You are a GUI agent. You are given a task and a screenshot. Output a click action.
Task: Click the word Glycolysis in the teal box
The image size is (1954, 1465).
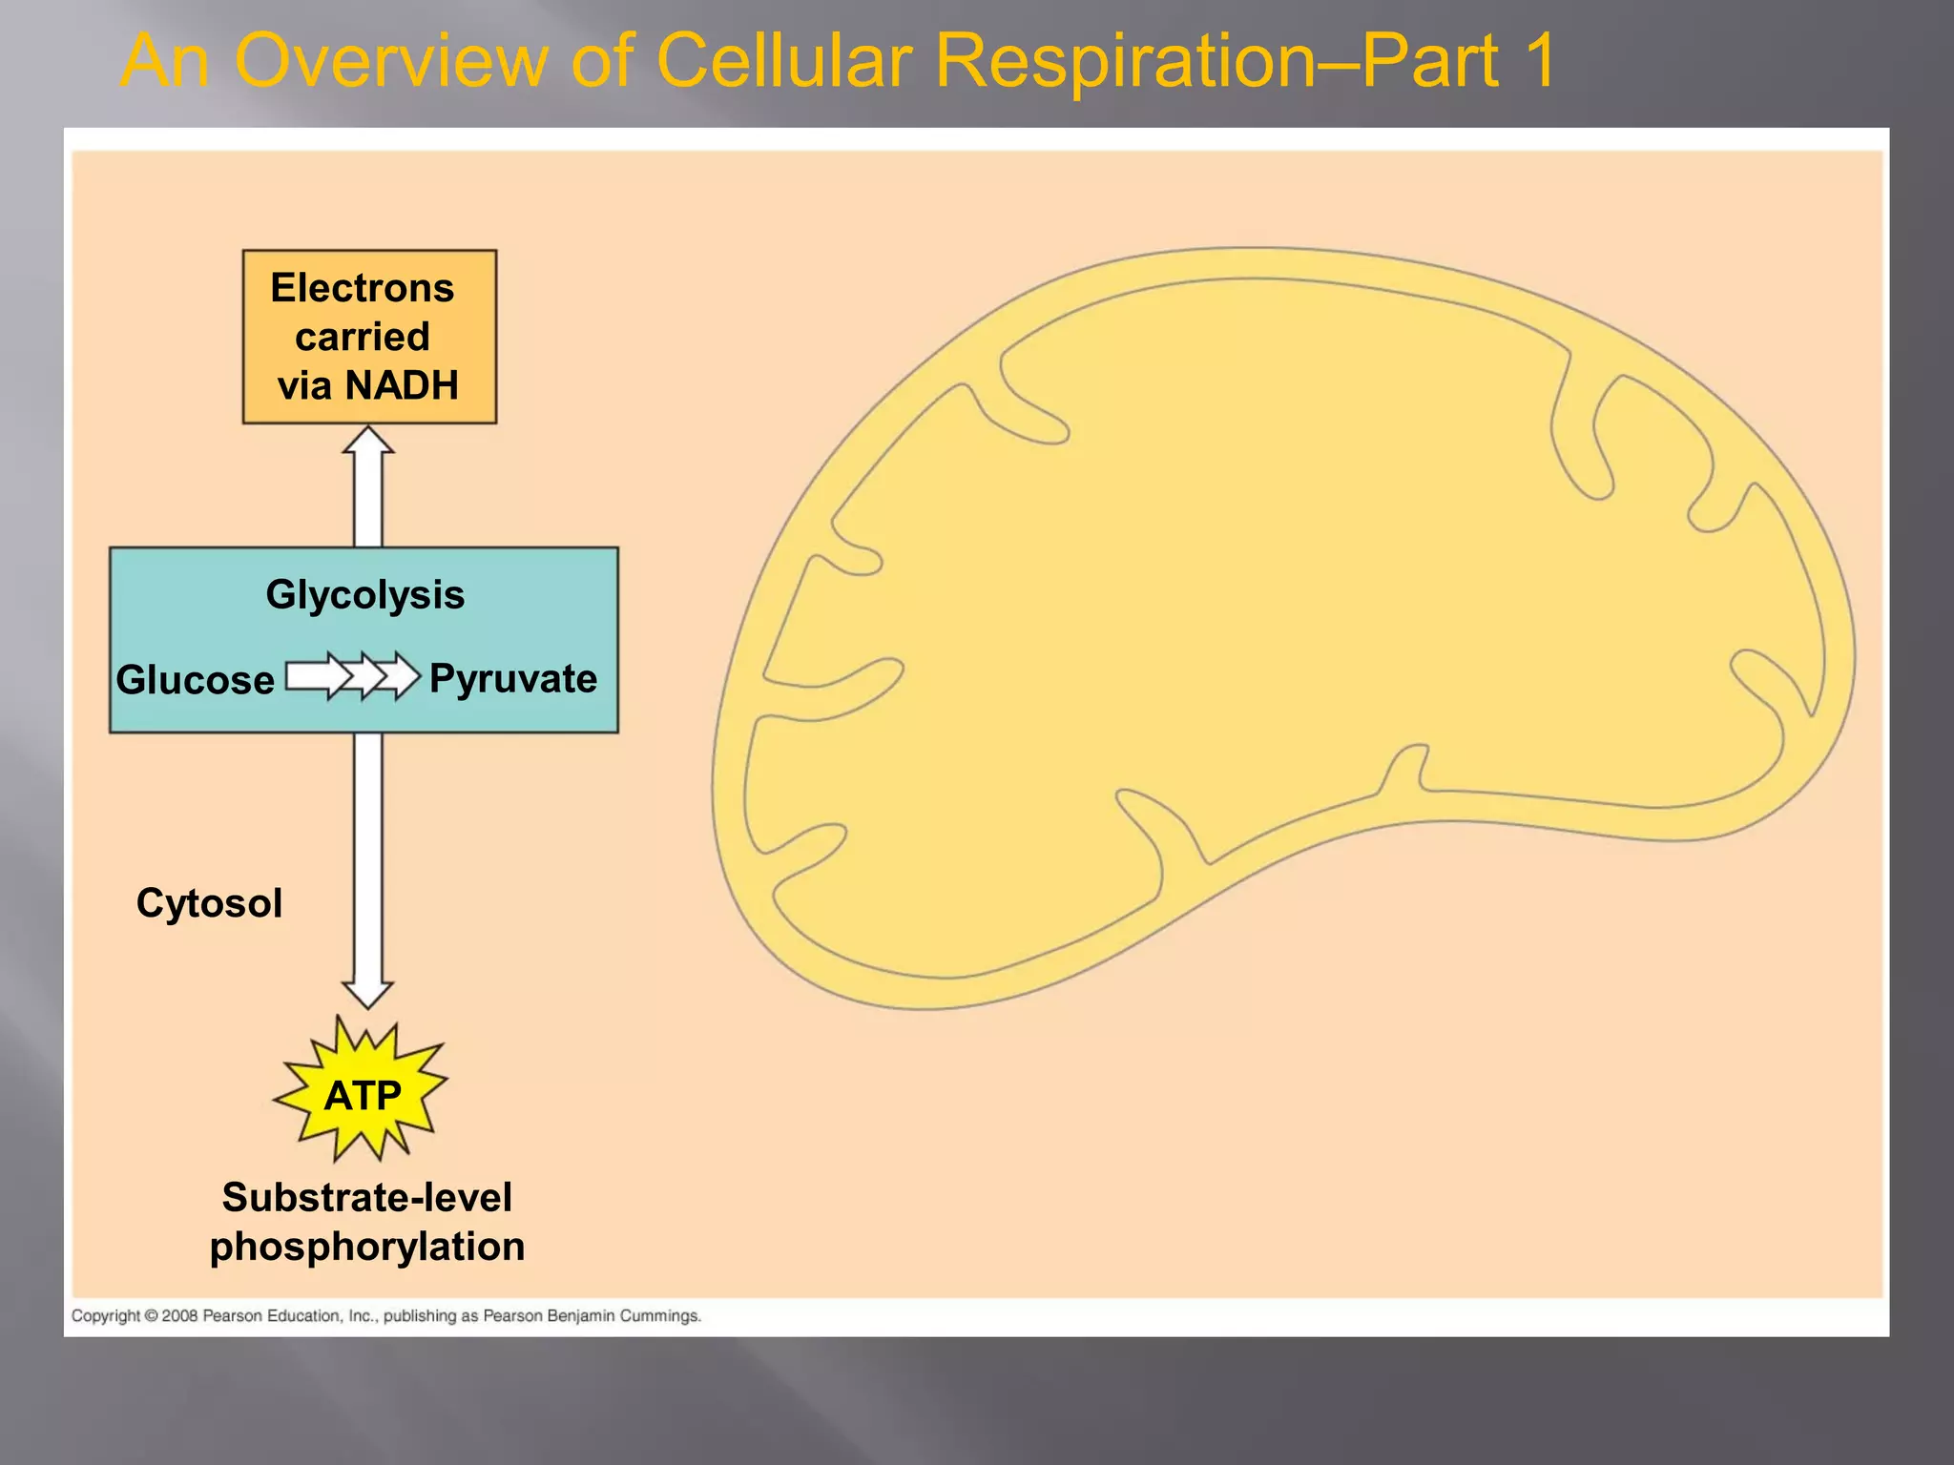364,595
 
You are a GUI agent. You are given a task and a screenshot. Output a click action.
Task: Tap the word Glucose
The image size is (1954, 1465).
196,681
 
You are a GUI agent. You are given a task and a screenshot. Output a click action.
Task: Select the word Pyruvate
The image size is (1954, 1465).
513,679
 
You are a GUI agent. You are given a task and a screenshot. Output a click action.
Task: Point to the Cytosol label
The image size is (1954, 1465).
209,903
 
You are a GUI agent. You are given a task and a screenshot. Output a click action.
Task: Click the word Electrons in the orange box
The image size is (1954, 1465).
363,288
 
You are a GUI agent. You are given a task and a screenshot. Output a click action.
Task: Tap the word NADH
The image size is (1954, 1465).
402,386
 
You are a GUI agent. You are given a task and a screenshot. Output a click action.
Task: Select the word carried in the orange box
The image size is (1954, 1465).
363,337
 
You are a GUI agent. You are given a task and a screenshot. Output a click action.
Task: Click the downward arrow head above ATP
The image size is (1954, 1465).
368,992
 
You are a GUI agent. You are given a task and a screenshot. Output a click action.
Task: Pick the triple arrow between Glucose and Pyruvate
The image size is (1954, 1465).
353,676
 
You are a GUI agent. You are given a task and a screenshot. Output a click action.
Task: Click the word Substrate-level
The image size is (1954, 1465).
366,1198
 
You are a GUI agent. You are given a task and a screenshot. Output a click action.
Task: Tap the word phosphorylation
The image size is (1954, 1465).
367,1248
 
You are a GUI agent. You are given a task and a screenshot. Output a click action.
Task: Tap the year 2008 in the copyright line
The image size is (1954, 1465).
179,1316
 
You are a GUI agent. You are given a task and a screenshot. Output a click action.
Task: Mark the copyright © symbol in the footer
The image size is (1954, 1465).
151,1316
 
